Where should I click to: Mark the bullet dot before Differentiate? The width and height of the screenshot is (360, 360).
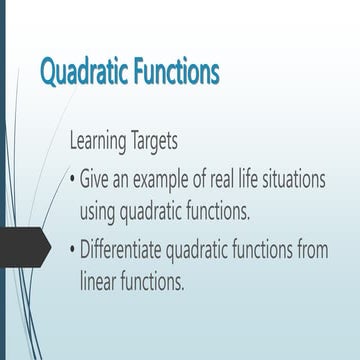[72, 248]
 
